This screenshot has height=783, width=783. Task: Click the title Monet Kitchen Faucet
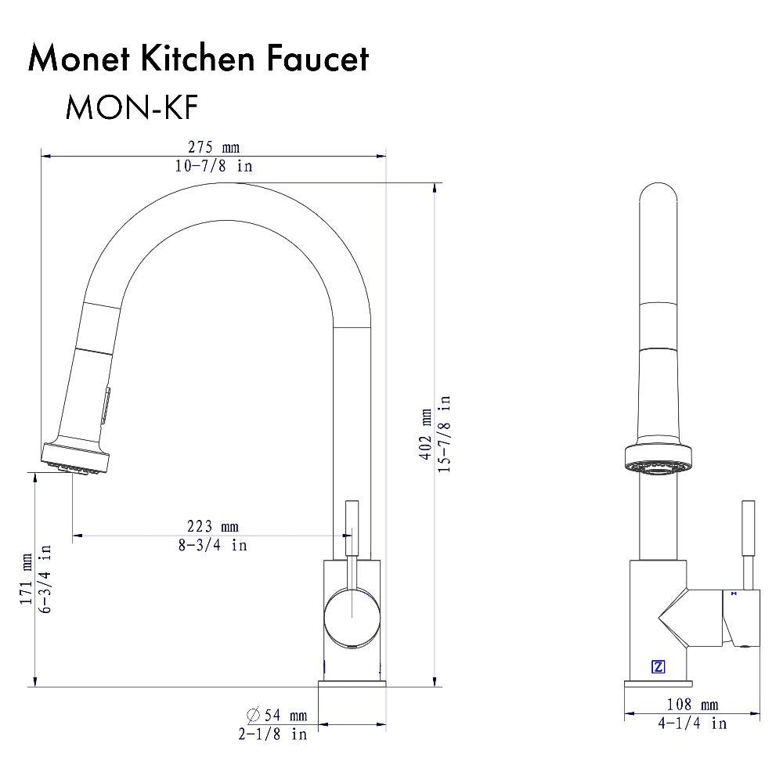point(198,60)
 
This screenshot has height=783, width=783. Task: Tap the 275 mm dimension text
point(213,147)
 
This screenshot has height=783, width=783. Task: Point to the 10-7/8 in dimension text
point(213,166)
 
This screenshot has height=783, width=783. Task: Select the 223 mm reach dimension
point(212,526)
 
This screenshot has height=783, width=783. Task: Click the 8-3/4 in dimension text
point(212,545)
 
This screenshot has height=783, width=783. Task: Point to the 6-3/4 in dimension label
point(45,579)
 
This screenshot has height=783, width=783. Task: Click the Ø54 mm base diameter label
point(276,715)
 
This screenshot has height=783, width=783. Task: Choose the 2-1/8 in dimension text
point(273,734)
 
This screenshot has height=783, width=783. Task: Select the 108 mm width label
point(691,705)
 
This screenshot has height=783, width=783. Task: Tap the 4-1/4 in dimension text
point(691,723)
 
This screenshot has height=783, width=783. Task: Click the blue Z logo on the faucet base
point(658,667)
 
